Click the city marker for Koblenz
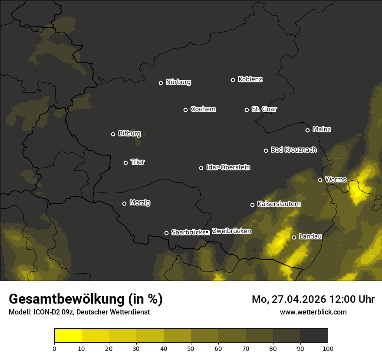[x=233, y=80]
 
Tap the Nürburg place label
[x=178, y=82]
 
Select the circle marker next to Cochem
[x=185, y=110]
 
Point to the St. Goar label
[x=264, y=109]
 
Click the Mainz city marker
[x=307, y=130]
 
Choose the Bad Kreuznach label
[x=293, y=150]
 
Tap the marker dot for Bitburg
[x=113, y=134]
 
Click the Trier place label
[x=138, y=162]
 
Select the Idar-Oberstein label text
[x=228, y=167]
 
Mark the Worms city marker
[x=320, y=180]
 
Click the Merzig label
[x=140, y=203]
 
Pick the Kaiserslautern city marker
[x=252, y=205]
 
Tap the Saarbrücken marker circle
[x=166, y=233]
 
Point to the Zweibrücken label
[x=231, y=231]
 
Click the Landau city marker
[x=294, y=237]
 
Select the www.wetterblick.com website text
[x=313, y=312]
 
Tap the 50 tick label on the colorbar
[x=191, y=348]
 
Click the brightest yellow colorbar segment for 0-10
[x=68, y=336]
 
